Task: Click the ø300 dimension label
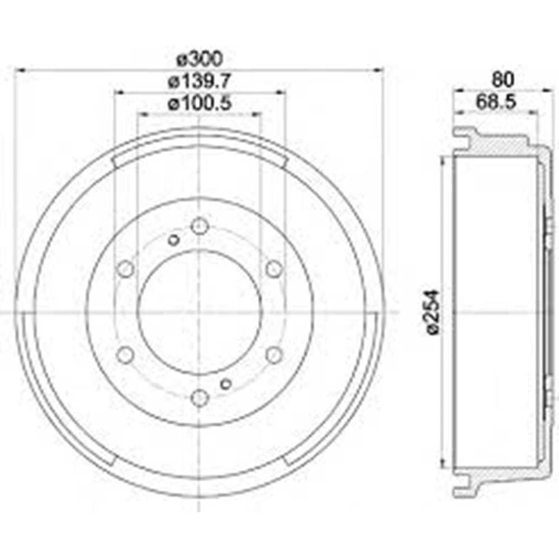click(200, 58)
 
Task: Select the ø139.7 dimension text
click(200, 81)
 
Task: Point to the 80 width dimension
click(503, 79)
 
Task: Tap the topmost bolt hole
click(200, 226)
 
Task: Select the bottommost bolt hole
click(200, 397)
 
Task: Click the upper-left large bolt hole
click(126, 269)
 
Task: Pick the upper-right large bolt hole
click(273, 269)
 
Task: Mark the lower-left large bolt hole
click(126, 354)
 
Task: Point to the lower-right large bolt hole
click(273, 354)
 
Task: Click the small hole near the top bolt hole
click(173, 240)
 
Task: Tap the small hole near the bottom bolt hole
click(226, 383)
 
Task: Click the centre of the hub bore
click(200, 312)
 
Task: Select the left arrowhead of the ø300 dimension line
click(19, 70)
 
